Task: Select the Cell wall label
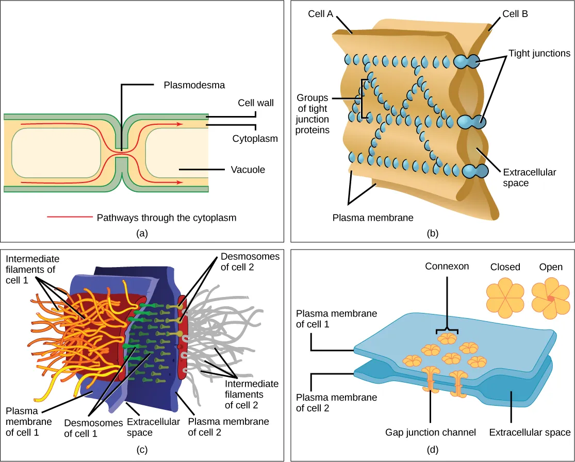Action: [256, 103]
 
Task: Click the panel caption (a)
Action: [142, 233]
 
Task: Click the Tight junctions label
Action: [539, 53]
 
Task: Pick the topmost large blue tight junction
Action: [467, 62]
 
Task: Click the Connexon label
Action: [447, 267]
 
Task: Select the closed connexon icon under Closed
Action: [505, 298]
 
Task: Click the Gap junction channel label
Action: [431, 432]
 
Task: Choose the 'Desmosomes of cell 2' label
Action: [250, 261]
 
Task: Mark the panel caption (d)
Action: [433, 450]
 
